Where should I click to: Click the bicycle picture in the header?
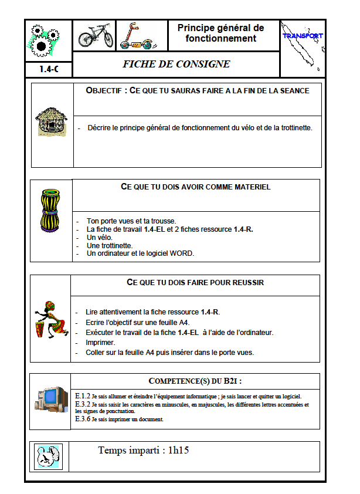(96, 36)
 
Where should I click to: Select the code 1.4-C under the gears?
(48, 69)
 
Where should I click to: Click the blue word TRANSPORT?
(303, 36)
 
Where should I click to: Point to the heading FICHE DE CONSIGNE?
(176, 64)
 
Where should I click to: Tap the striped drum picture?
(50, 211)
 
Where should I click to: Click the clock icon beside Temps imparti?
(47, 456)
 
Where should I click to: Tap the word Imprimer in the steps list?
(101, 342)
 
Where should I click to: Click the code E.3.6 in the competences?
(82, 419)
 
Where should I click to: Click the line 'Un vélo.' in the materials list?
(99, 237)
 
